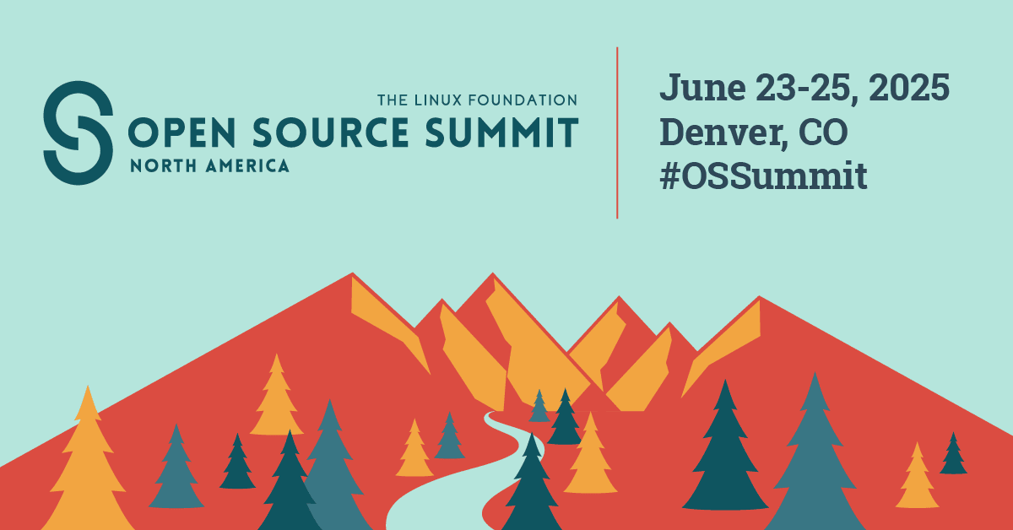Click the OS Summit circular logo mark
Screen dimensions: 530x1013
tap(79, 132)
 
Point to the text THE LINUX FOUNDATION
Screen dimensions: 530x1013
tap(477, 100)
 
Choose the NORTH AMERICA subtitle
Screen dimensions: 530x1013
tap(209, 166)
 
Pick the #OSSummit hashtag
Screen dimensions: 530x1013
tap(764, 176)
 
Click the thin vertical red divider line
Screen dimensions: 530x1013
tap(617, 132)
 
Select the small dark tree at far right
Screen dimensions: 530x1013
tap(953, 455)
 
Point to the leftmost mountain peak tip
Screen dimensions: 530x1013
tap(353, 274)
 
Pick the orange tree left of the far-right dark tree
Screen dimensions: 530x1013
tap(917, 479)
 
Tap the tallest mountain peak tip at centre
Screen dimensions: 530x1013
tap(491, 274)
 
